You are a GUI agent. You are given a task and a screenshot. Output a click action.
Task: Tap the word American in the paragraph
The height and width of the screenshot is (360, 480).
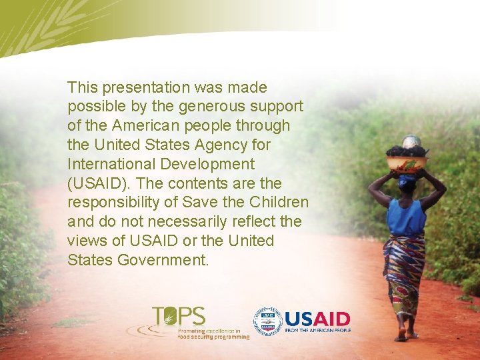(140, 125)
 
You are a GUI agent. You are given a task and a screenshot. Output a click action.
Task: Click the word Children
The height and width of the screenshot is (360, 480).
(279, 202)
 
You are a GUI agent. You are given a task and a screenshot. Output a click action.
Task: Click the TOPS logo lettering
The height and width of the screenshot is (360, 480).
(179, 315)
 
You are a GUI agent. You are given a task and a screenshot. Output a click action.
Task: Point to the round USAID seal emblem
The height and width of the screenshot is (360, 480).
(267, 321)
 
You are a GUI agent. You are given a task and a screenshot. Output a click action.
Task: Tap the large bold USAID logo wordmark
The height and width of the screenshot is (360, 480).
(317, 318)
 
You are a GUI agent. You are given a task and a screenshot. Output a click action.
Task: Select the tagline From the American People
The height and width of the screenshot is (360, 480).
(317, 330)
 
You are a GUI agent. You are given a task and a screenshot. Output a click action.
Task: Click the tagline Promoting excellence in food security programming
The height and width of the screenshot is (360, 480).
(213, 333)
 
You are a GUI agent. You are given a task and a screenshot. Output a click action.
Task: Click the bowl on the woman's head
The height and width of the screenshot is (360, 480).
(407, 163)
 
